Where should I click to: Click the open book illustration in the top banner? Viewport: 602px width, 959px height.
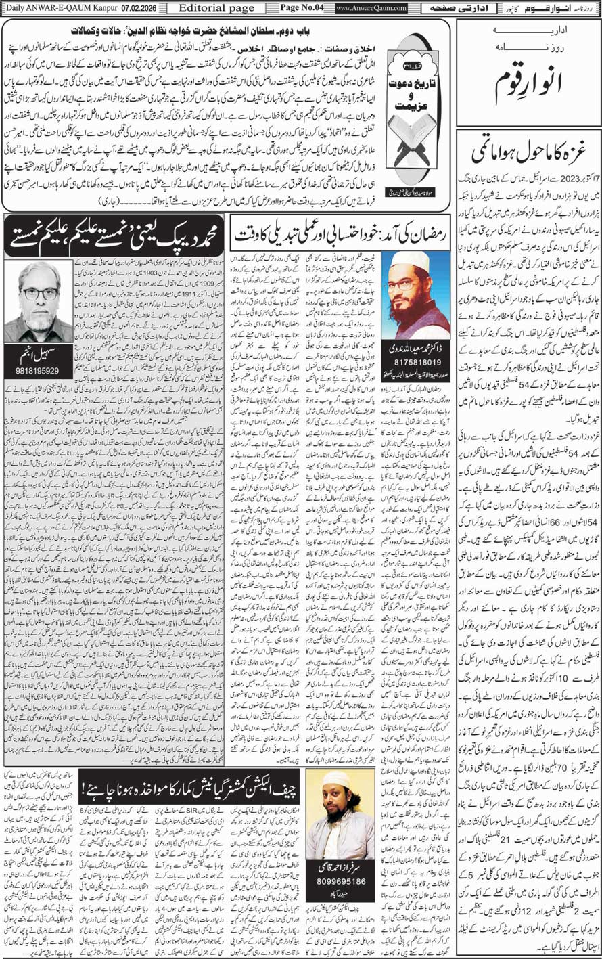point(418,152)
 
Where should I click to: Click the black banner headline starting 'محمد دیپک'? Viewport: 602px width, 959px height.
point(114,235)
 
